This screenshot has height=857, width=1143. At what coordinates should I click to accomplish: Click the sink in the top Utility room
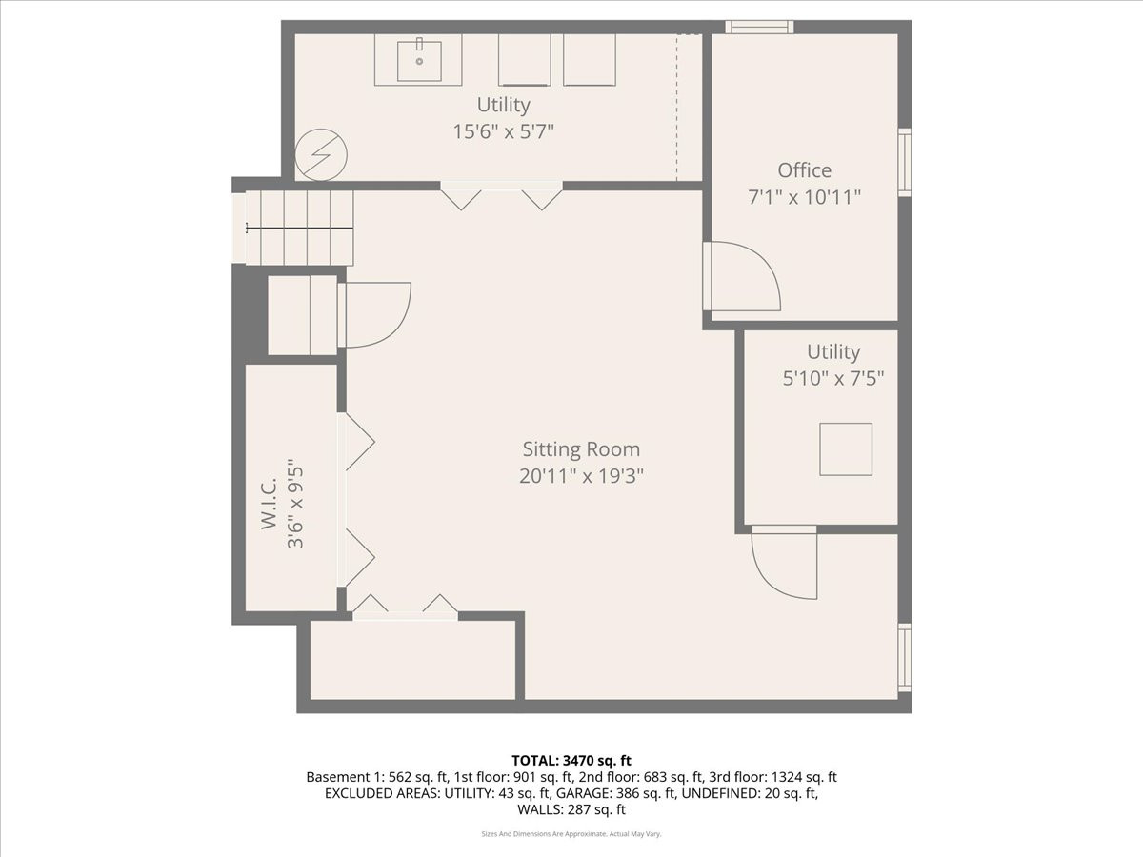pyautogui.click(x=418, y=59)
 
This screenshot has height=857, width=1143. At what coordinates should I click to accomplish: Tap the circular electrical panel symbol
pyautogui.click(x=321, y=155)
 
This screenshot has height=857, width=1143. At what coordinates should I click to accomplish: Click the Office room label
pyautogui.click(x=804, y=170)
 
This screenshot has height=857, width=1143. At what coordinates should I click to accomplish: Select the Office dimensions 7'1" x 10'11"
pyautogui.click(x=804, y=197)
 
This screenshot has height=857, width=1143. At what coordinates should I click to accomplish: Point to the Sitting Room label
pyautogui.click(x=581, y=449)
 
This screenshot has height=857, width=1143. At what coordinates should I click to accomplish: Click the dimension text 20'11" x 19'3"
pyautogui.click(x=581, y=476)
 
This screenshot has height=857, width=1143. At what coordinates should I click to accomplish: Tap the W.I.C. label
pyautogui.click(x=270, y=505)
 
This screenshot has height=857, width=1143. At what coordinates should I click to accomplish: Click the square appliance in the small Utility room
pyautogui.click(x=845, y=449)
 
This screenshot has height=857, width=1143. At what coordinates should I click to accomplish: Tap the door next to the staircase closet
pyautogui.click(x=375, y=314)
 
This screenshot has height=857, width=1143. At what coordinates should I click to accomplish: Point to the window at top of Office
pyautogui.click(x=759, y=27)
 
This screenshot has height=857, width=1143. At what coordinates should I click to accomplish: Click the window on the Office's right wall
pyautogui.click(x=905, y=162)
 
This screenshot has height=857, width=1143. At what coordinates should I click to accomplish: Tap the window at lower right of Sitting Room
pyautogui.click(x=905, y=657)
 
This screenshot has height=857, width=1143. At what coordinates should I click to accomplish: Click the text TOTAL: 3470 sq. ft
pyautogui.click(x=571, y=760)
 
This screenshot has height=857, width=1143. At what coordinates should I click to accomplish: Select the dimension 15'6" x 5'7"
pyautogui.click(x=503, y=131)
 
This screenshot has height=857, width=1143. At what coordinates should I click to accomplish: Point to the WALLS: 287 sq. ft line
pyautogui.click(x=571, y=810)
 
